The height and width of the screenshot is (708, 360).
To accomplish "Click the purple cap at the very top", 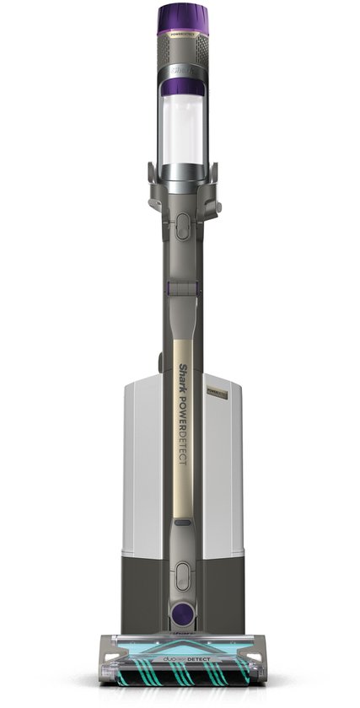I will point(182,18).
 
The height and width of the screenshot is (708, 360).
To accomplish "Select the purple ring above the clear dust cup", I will point(182,84).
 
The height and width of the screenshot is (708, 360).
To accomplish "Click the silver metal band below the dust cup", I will point(182,173).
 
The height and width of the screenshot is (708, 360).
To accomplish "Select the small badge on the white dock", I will point(218,394).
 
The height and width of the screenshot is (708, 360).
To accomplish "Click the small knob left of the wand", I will point(159,363).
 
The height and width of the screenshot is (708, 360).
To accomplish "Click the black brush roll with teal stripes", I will point(182,672).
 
